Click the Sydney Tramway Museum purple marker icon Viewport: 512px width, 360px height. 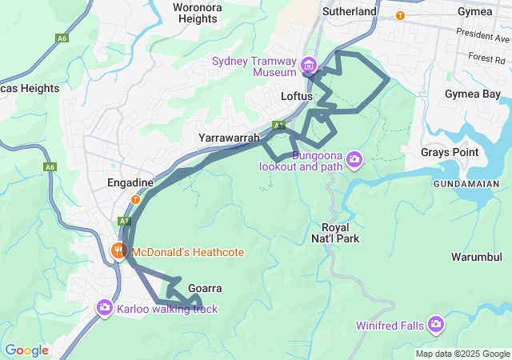click(x=309, y=64)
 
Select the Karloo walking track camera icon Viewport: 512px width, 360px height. click(x=105, y=307)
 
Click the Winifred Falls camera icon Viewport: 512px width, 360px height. click(x=436, y=324)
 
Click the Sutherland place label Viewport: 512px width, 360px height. click(x=349, y=12)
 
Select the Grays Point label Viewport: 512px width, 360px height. click(x=450, y=152)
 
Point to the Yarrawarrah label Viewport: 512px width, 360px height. click(x=229, y=138)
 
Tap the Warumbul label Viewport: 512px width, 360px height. click(x=476, y=258)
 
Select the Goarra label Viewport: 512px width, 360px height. click(x=205, y=288)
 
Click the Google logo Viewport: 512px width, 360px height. click(x=26, y=350)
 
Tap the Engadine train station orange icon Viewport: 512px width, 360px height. click(x=135, y=200)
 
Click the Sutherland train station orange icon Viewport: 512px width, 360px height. click(x=400, y=15)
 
